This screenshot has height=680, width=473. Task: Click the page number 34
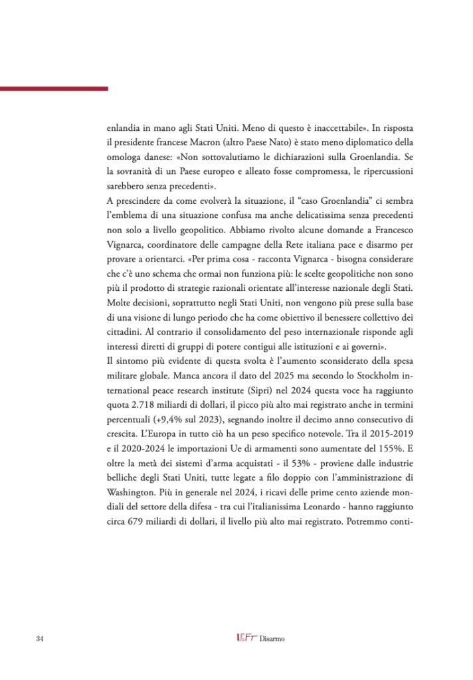(x=39, y=639)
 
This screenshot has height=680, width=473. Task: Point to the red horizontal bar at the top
(x=54, y=88)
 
